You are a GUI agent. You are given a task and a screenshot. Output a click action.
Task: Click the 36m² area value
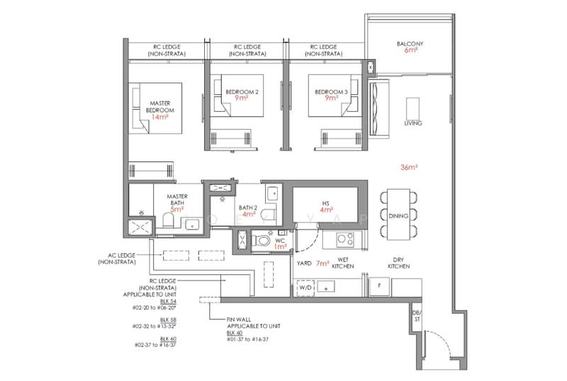[409, 167]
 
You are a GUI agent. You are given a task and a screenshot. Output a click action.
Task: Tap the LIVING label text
[412, 123]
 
